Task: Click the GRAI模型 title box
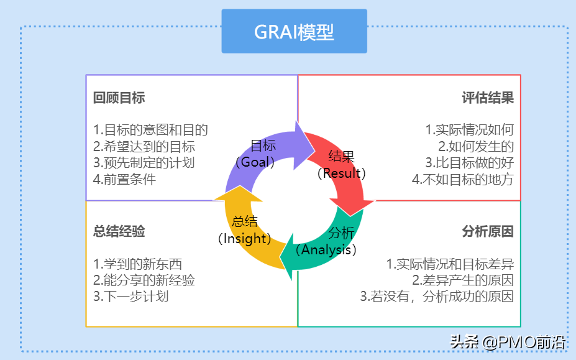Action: pos(294,32)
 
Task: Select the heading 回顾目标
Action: pos(119,98)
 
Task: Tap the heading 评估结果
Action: pos(488,98)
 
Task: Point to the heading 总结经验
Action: pos(119,232)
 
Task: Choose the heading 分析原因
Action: pos(488,232)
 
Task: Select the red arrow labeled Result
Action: pos(342,165)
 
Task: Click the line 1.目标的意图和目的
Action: pos(150,130)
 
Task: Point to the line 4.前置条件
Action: pos(124,180)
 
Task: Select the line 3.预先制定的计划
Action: pos(144,163)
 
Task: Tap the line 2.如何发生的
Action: pos(476,147)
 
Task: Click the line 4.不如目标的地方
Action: pos(463,180)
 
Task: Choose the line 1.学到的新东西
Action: pos(137,264)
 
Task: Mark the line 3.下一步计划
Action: pos(130,296)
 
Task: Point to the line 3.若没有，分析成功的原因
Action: pos(437,296)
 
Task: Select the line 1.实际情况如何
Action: pos(470,130)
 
